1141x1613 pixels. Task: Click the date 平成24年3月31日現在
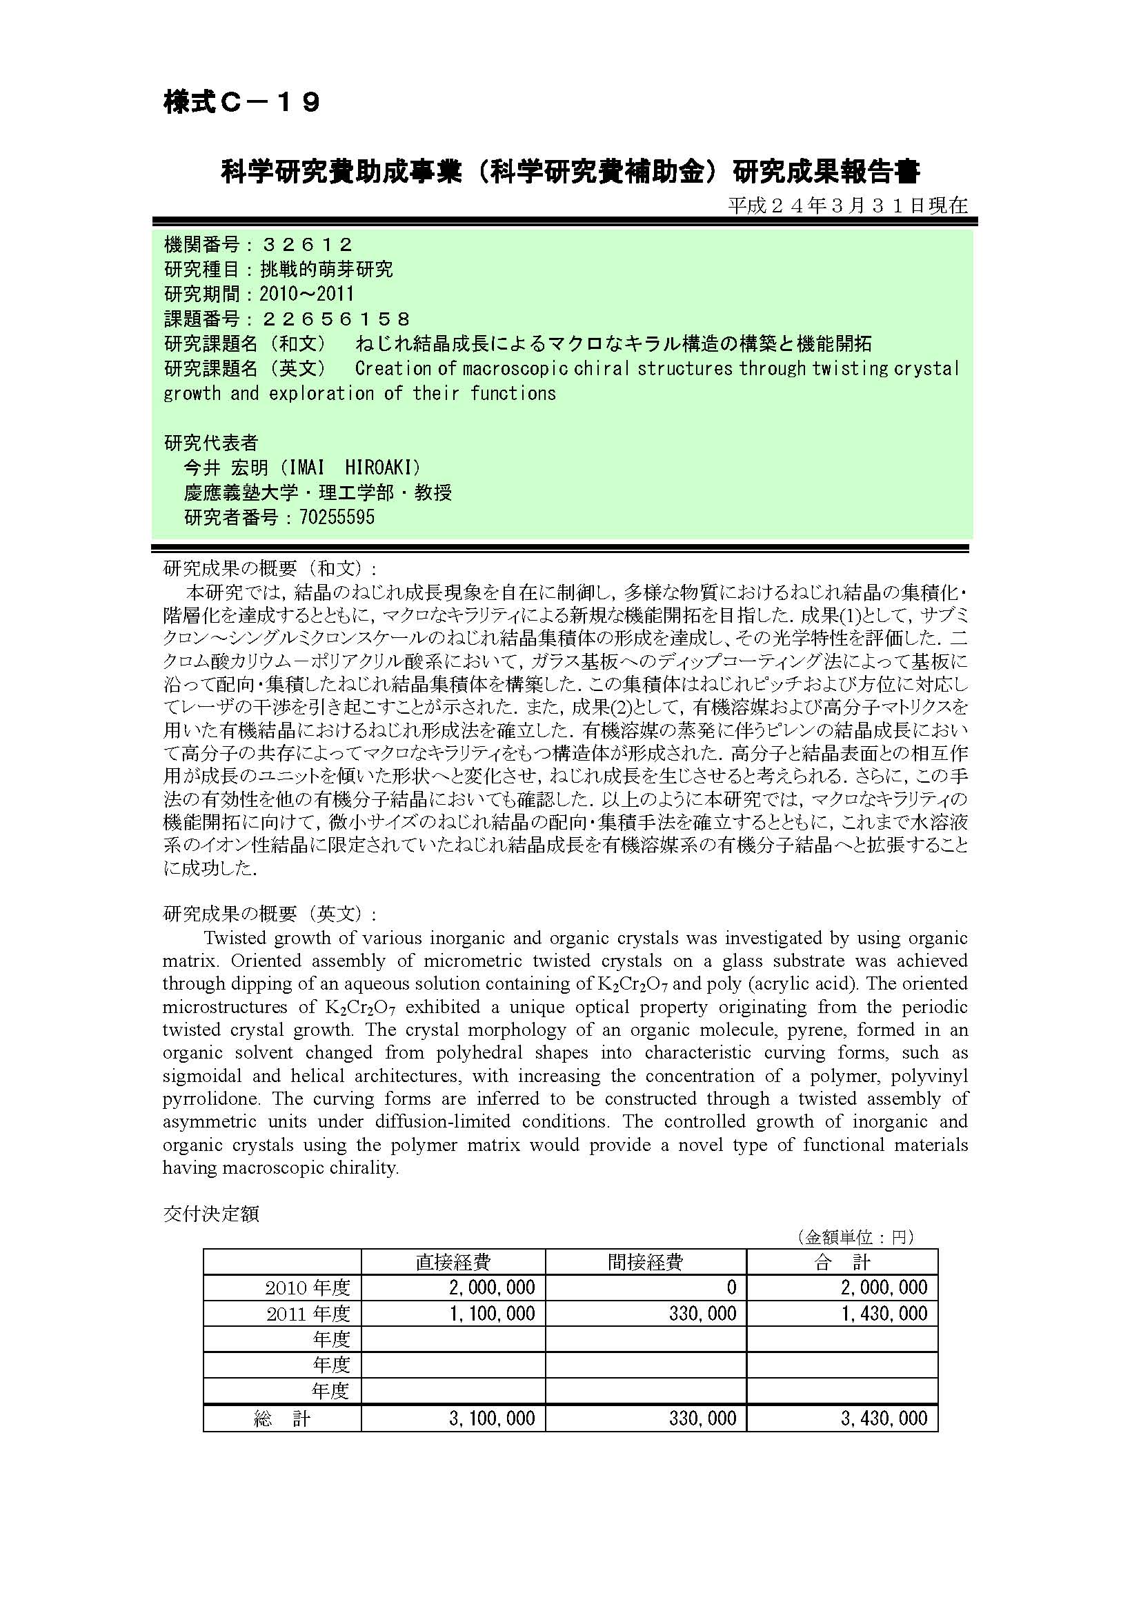click(847, 205)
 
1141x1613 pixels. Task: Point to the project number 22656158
click(335, 319)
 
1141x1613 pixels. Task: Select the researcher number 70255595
click(337, 518)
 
